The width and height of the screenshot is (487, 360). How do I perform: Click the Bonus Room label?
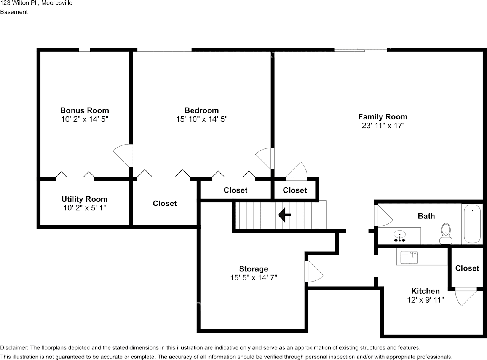click(x=85, y=110)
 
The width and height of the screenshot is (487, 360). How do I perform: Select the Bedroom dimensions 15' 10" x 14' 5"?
click(x=201, y=119)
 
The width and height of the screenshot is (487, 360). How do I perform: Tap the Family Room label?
click(x=382, y=117)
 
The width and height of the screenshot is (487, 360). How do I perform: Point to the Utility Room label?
click(x=85, y=199)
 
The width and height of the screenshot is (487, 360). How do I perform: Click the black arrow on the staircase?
click(x=284, y=215)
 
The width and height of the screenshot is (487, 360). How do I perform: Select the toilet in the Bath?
click(x=445, y=233)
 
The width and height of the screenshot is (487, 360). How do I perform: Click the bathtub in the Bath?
click(x=472, y=223)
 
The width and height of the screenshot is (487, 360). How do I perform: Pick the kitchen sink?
click(x=409, y=258)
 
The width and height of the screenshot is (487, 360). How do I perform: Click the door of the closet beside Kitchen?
click(x=465, y=296)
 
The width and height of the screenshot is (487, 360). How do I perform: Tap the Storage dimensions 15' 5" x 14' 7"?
click(x=253, y=278)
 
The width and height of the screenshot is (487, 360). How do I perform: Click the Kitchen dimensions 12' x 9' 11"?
click(x=425, y=300)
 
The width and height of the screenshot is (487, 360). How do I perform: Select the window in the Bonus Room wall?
click(x=85, y=50)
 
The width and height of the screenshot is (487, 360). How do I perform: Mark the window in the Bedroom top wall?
click(x=164, y=50)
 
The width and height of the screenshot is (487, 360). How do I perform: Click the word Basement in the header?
click(x=14, y=12)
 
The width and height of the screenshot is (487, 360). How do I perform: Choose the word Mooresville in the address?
click(x=57, y=3)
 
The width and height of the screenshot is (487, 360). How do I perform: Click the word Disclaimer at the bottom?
click(x=14, y=347)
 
